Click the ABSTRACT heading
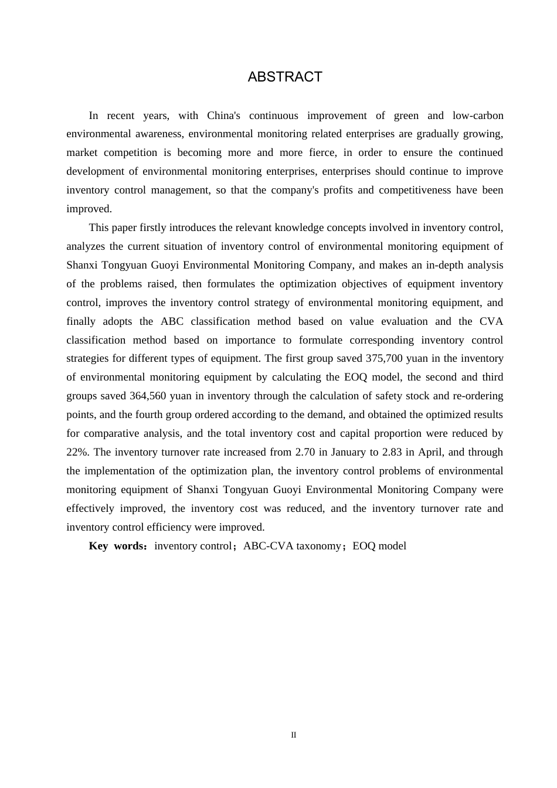(285, 77)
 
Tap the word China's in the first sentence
(228, 116)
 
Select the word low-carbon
(478, 116)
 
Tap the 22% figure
(77, 452)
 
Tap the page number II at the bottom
(294, 735)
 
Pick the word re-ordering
(478, 396)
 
